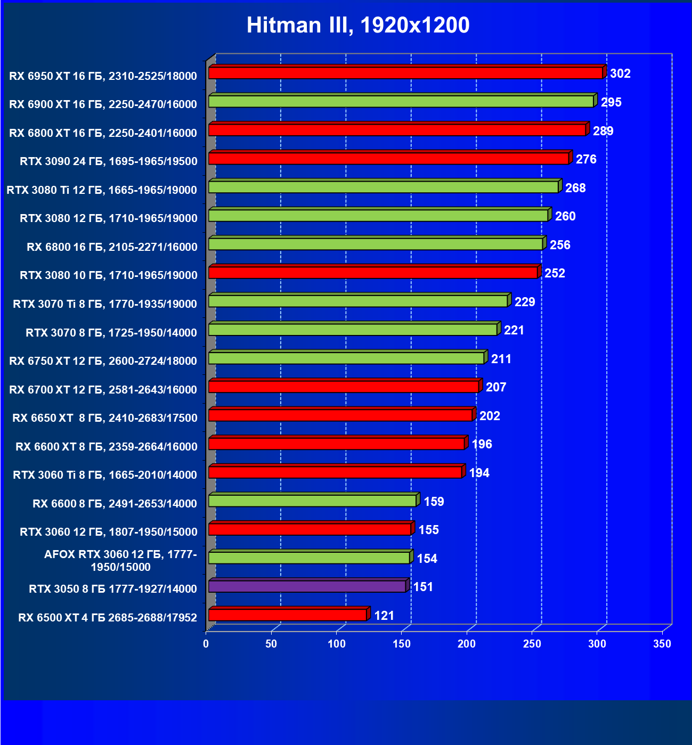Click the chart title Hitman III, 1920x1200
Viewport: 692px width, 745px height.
point(358,25)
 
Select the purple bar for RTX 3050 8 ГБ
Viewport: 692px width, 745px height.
point(307,586)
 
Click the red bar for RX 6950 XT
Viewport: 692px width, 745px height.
point(405,73)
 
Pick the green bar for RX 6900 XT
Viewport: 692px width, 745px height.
point(401,101)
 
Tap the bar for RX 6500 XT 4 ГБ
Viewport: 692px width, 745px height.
point(288,615)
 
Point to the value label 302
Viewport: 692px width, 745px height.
point(620,73)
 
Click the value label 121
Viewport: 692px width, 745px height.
point(384,616)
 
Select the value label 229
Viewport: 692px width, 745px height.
point(525,302)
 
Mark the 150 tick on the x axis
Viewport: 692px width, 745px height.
point(402,644)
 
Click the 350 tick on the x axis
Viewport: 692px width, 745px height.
point(662,644)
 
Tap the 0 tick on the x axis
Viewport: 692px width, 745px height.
point(206,644)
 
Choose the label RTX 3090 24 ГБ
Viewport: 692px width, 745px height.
point(109,161)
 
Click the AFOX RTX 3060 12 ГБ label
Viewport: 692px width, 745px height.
point(120,561)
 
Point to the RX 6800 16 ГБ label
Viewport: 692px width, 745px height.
point(112,247)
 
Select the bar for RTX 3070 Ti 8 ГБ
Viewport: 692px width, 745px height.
point(358,301)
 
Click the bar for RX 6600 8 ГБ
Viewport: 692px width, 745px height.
point(312,501)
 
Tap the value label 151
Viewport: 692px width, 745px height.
point(423,587)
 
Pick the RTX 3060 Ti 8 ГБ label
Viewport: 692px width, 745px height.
point(105,474)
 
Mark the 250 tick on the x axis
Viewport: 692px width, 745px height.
point(532,644)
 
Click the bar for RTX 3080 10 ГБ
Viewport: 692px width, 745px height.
point(373,273)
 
